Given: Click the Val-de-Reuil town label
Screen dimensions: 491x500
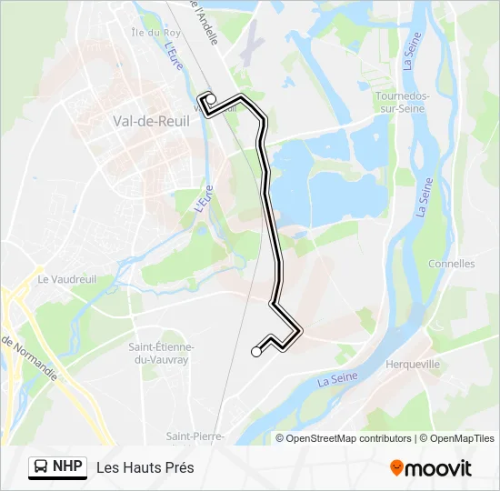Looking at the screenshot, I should point(145,121).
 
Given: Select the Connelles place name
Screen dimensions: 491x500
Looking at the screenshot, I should point(451,264).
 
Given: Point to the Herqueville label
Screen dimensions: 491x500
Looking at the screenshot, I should point(413,364).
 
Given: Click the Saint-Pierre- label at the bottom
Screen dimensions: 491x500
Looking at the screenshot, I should point(195,436).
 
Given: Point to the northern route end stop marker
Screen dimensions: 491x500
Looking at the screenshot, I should point(210,99).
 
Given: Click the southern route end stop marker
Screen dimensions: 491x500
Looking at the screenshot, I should point(256,352).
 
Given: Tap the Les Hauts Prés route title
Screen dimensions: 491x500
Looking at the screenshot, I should point(145,467).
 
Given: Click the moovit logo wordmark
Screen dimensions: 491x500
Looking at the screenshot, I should point(438,468).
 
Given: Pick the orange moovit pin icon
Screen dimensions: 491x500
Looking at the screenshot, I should point(396,468).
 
